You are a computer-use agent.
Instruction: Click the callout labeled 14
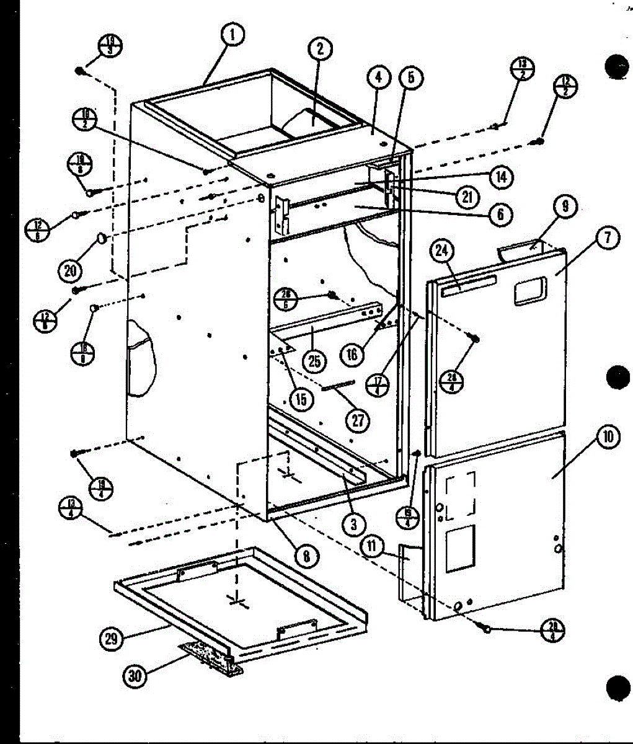tap(500, 177)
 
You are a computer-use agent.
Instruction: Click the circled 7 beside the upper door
tap(608, 237)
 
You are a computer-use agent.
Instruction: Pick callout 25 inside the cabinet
tap(314, 361)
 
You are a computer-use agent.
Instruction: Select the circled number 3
tap(352, 525)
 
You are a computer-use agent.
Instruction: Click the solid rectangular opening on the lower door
tap(460, 548)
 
